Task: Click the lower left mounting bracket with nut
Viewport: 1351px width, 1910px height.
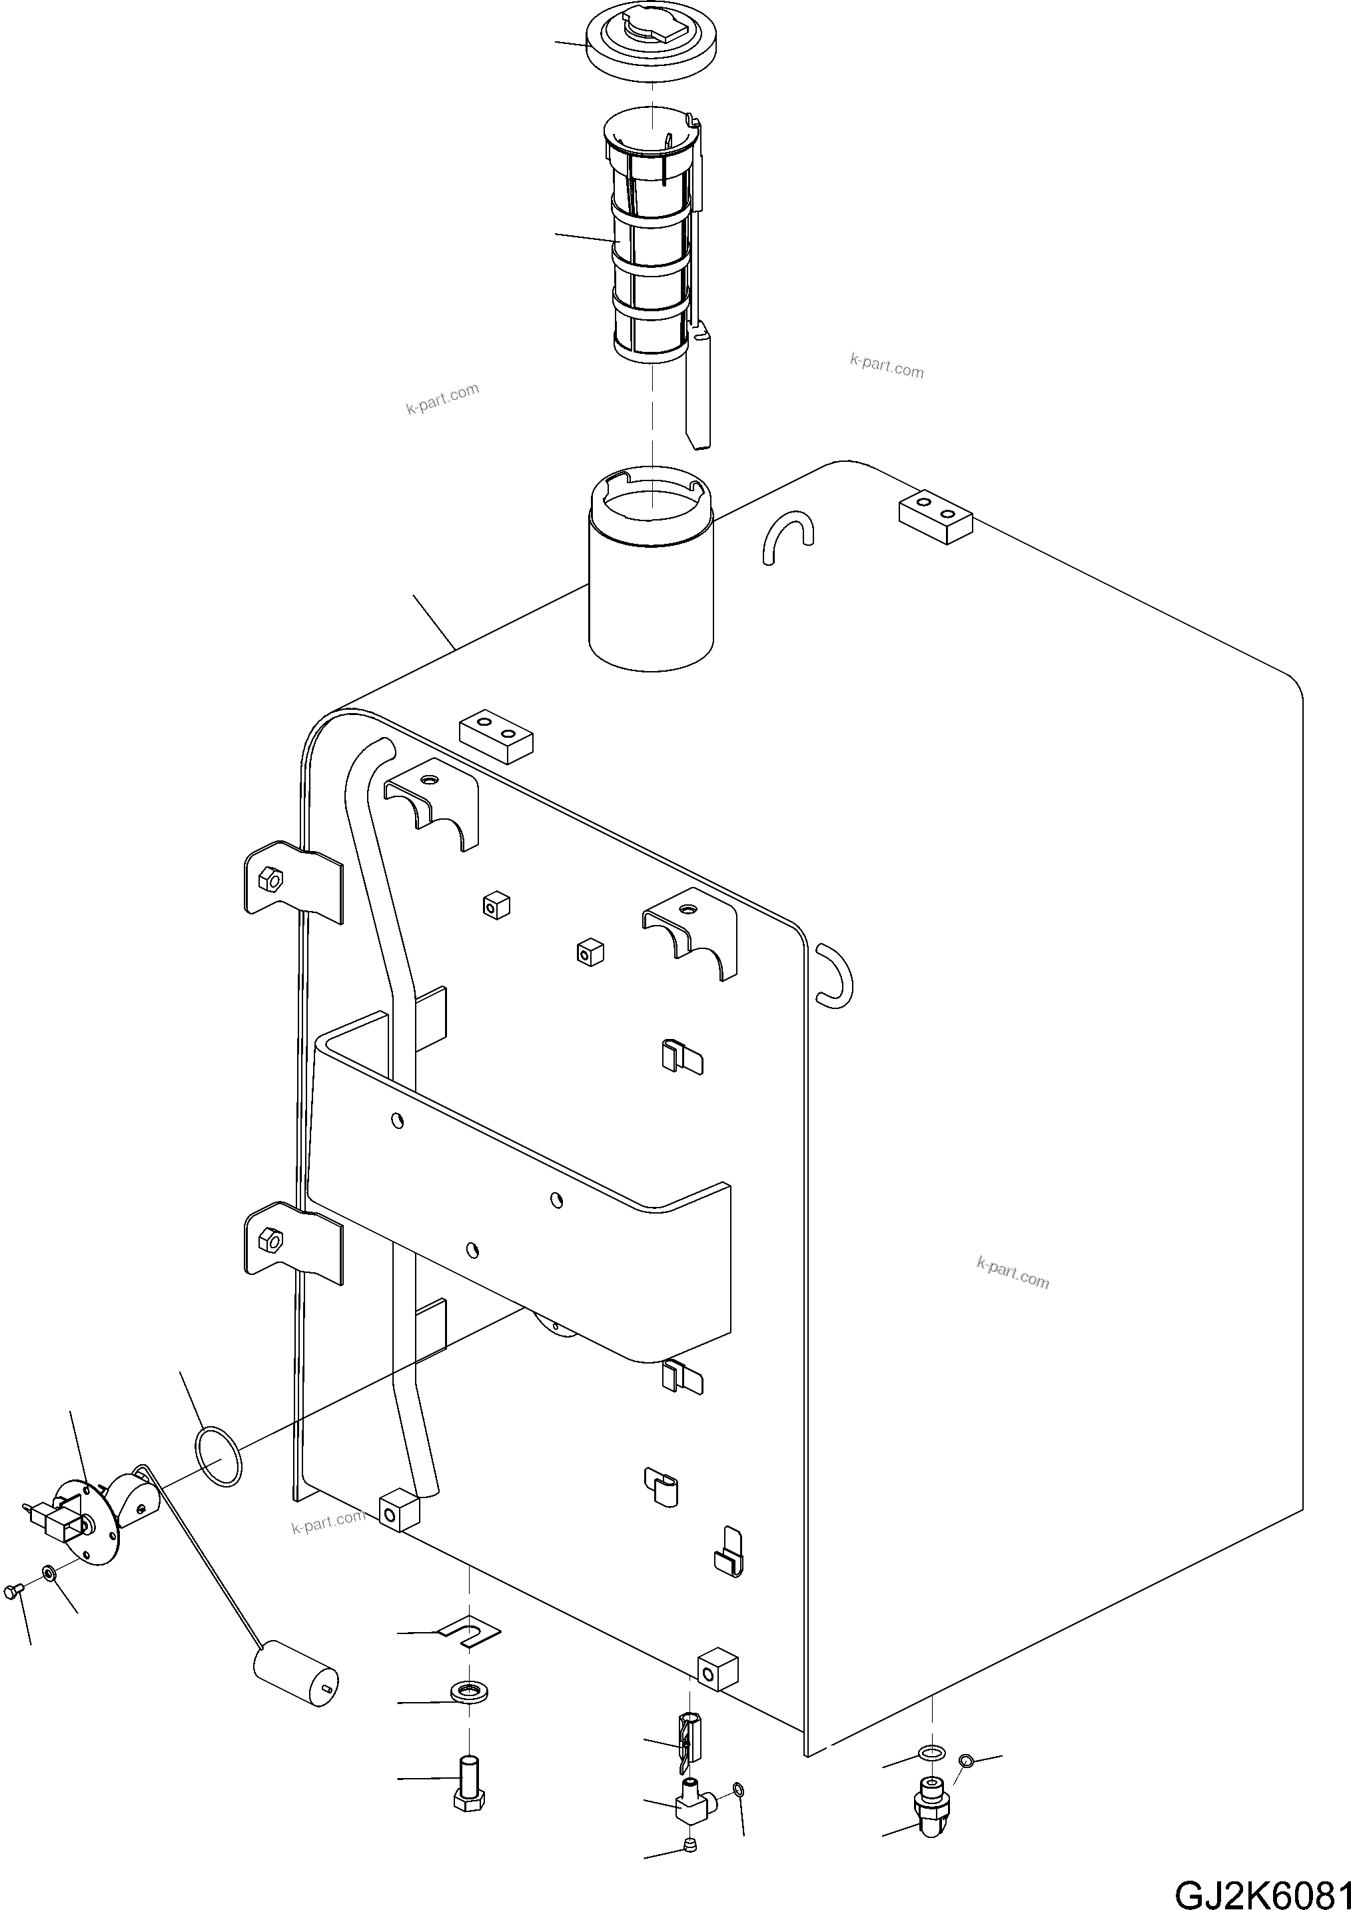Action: tap(287, 1242)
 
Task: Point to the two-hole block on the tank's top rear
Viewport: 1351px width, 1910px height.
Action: tap(935, 515)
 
